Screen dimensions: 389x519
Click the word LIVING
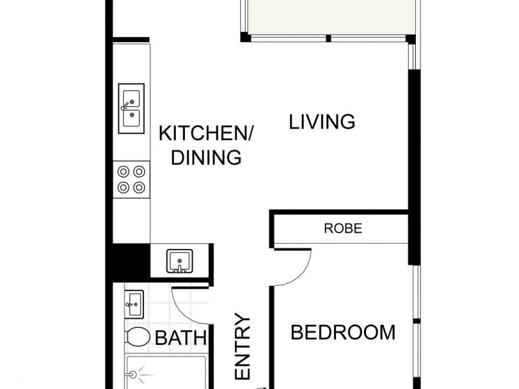[322, 121]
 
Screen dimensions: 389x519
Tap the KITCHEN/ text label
[206, 134]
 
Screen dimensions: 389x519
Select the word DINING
[206, 158]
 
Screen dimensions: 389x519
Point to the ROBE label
[343, 229]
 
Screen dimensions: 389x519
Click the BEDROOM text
[343, 333]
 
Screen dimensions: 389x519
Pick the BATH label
[181, 338]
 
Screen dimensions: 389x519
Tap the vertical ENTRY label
[242, 348]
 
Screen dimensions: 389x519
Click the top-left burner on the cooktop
[123, 172]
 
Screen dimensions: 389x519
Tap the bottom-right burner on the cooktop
[138, 188]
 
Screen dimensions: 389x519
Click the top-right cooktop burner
[138, 172]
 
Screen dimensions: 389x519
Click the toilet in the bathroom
[137, 336]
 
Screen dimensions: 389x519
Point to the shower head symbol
[134, 375]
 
